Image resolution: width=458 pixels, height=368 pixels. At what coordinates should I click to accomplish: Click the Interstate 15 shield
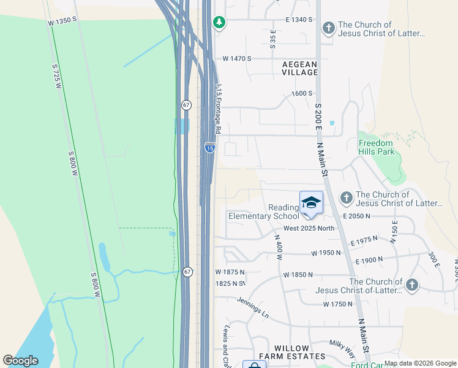pos(209,147)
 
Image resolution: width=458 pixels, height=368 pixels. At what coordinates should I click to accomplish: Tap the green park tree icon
pos(219,23)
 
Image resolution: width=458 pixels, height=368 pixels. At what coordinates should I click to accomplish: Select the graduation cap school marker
pos(311,204)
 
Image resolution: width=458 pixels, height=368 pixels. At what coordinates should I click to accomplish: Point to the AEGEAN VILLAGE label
pos(300,68)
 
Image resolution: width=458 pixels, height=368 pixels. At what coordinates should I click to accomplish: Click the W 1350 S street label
pos(62,20)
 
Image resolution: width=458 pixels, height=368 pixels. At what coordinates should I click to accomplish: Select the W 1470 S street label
pos(238,59)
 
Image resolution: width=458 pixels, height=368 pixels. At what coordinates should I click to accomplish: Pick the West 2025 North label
pos(301,229)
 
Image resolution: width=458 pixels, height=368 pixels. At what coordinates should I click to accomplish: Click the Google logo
pos(20,361)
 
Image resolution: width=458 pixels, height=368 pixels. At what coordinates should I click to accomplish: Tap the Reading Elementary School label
pos(263,212)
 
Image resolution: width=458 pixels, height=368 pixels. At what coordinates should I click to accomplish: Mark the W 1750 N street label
pos(337,304)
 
